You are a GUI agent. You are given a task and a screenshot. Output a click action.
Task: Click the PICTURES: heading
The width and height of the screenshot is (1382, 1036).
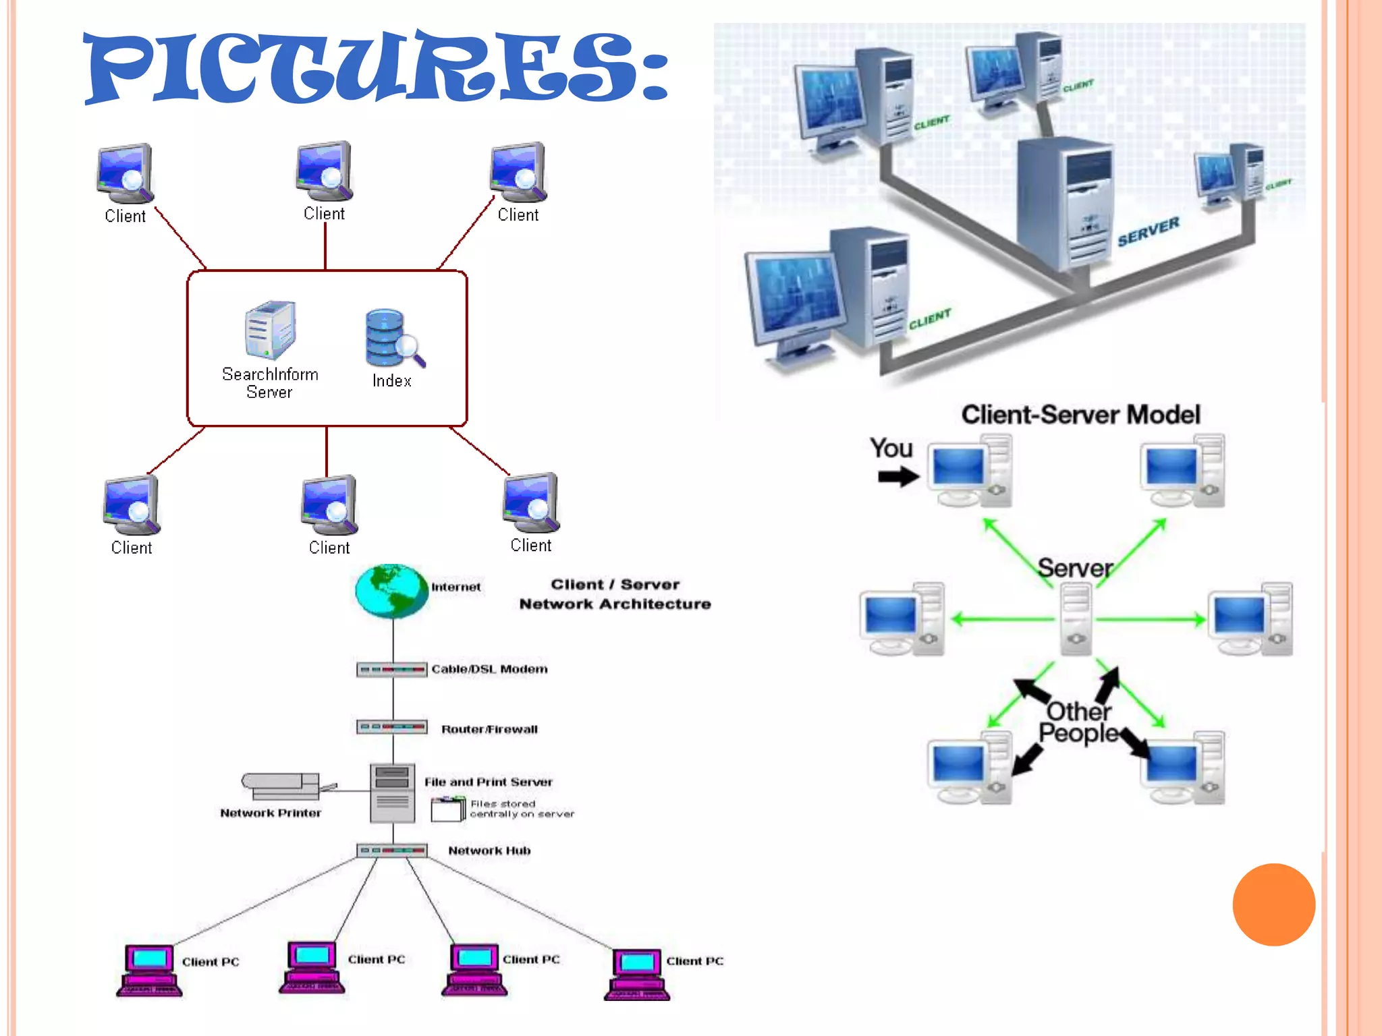click(375, 67)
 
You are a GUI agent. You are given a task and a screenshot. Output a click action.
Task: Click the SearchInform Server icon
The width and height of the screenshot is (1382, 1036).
click(269, 330)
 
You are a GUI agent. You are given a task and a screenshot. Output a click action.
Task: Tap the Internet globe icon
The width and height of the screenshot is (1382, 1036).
click(391, 592)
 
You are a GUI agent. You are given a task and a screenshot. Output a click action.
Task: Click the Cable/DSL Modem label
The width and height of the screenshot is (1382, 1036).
click(489, 669)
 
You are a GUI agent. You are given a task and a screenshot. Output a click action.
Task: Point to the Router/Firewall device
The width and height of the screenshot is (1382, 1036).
click(391, 727)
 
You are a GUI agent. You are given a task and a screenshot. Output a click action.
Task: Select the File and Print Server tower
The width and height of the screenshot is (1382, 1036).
click(392, 793)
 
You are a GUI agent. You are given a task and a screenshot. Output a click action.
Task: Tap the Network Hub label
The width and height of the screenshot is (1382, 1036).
click(489, 851)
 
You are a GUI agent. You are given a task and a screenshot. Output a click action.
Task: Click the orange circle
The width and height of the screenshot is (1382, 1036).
click(1273, 904)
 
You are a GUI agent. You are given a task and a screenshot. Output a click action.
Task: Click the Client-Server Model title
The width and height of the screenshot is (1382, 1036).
click(1080, 414)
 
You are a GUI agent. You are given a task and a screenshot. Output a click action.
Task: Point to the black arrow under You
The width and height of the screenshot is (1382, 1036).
click(898, 478)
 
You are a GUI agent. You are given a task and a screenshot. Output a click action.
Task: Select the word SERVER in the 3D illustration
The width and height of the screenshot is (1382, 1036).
click(1148, 231)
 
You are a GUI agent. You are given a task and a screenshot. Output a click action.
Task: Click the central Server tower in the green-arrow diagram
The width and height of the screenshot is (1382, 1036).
click(1076, 619)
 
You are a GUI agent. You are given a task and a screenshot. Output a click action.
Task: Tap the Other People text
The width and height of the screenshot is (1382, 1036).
click(1078, 722)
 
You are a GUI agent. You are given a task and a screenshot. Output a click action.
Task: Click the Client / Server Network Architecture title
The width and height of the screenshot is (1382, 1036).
click(615, 594)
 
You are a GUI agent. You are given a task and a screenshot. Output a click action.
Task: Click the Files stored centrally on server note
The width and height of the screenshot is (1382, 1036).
click(521, 809)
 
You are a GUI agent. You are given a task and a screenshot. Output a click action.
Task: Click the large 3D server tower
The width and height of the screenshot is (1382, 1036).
click(1065, 202)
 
